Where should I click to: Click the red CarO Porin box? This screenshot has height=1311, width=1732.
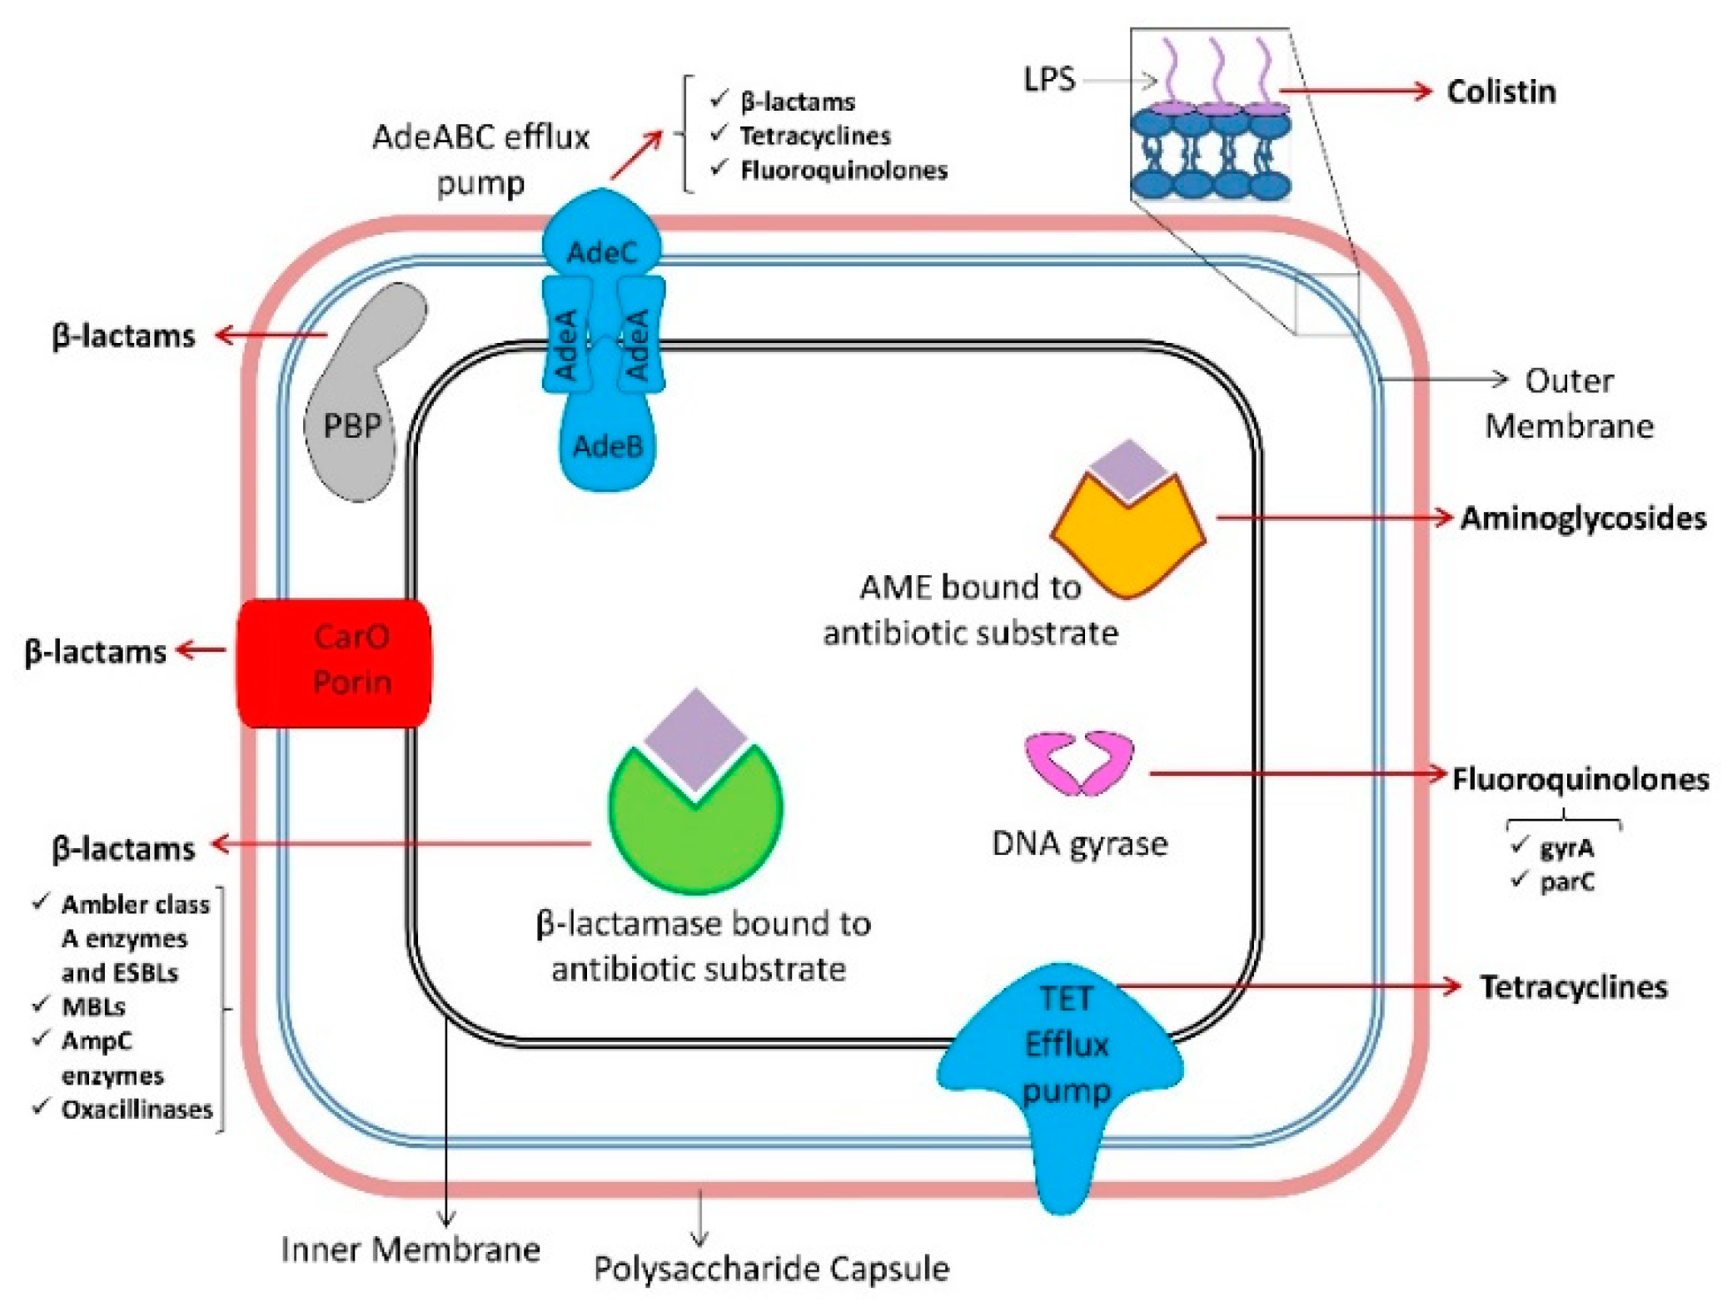pyautogui.click(x=334, y=663)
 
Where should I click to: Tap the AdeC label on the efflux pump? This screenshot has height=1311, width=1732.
pyautogui.click(x=601, y=252)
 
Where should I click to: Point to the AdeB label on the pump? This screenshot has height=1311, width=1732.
pyautogui.click(x=608, y=447)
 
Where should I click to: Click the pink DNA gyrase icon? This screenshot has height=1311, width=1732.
pyautogui.click(x=1079, y=762)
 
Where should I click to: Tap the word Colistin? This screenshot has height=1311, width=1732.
pyautogui.click(x=1501, y=92)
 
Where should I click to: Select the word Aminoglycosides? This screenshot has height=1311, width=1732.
pyautogui.click(x=1583, y=518)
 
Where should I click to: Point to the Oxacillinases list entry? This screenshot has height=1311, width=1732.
pyautogui.click(x=123, y=1110)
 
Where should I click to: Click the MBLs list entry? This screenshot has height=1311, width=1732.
pyautogui.click(x=79, y=1006)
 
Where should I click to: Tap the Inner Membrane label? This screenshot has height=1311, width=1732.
pyautogui.click(x=411, y=1249)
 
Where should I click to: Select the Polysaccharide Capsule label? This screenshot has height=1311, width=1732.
pyautogui.click(x=771, y=1269)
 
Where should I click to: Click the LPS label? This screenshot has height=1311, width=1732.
pyautogui.click(x=1049, y=80)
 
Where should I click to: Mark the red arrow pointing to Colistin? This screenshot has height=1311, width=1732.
pyautogui.click(x=1356, y=90)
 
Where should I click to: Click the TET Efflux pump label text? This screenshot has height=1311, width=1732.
pyautogui.click(x=1066, y=1045)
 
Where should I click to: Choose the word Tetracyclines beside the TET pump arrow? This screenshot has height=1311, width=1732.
pyautogui.click(x=1574, y=986)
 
